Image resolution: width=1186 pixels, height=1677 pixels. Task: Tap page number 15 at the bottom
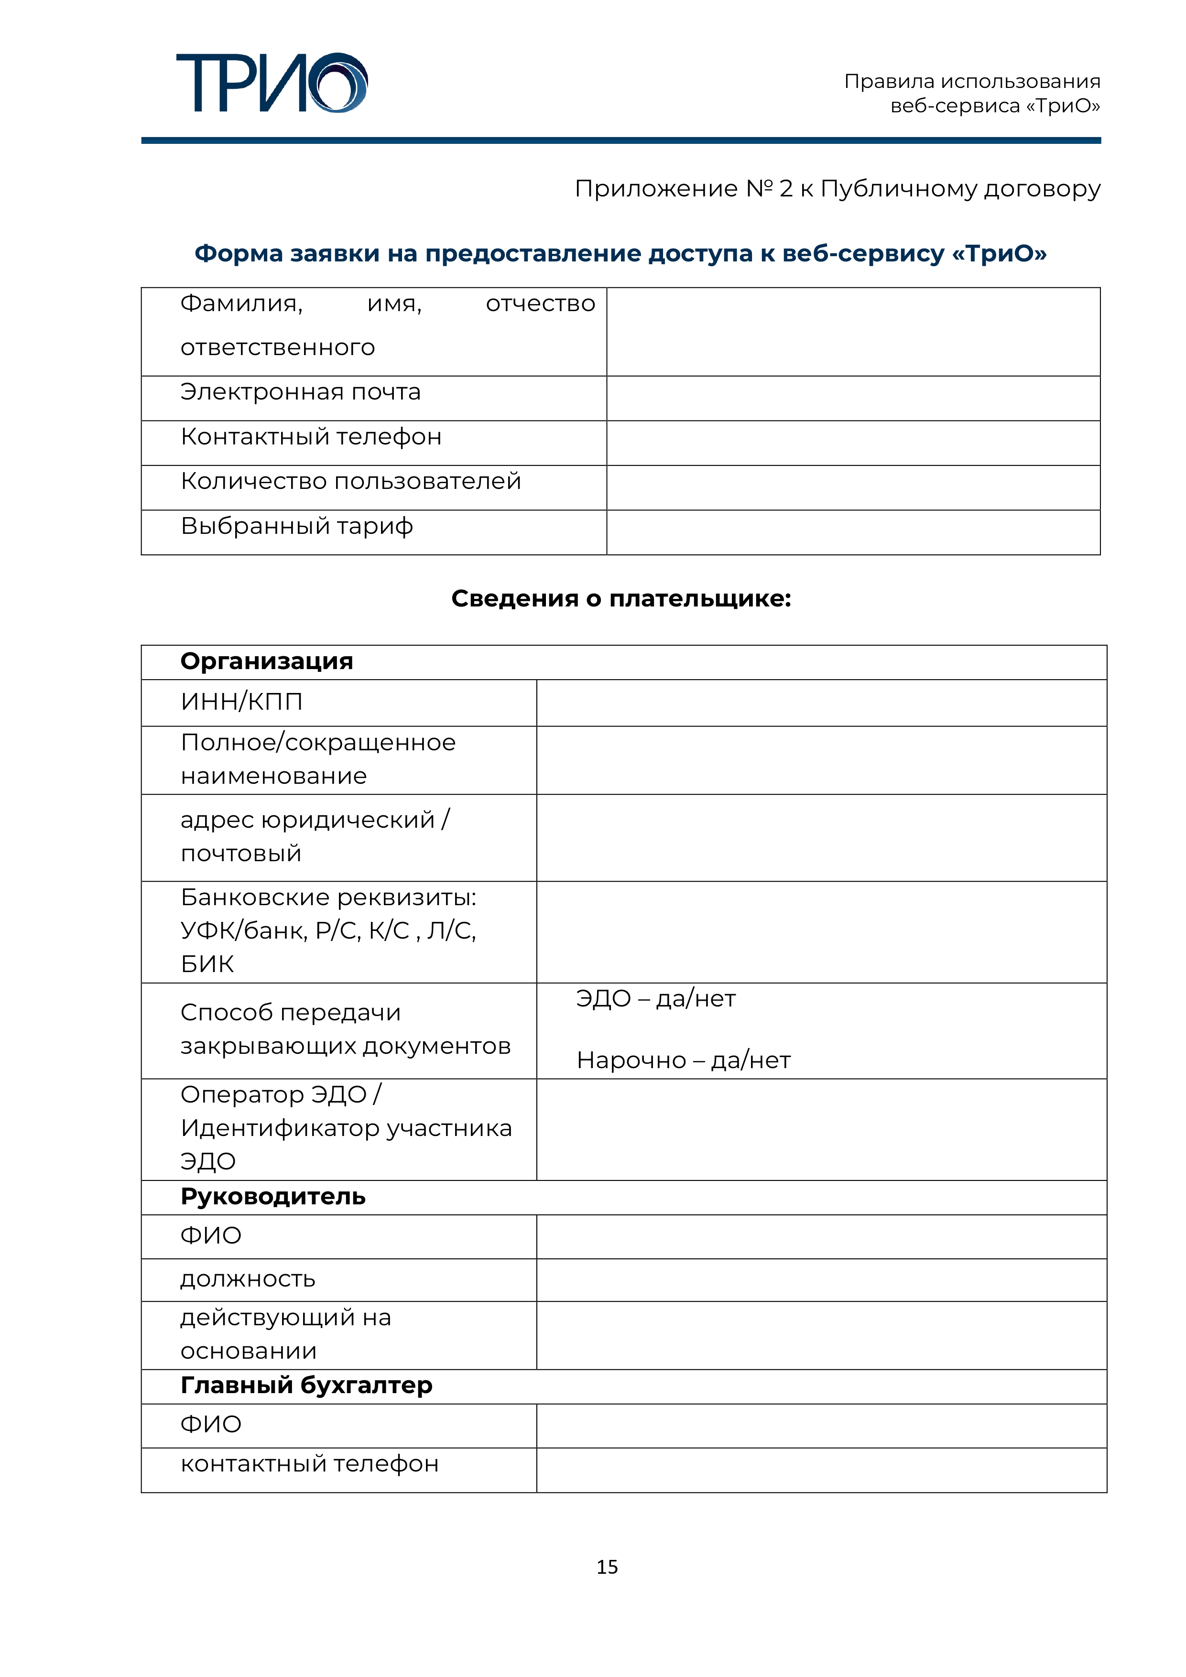coord(607,1567)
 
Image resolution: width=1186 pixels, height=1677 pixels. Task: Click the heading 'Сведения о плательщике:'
coord(621,599)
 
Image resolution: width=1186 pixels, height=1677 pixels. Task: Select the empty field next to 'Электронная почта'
coord(853,398)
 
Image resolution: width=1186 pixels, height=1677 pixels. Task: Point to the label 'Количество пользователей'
coord(351,481)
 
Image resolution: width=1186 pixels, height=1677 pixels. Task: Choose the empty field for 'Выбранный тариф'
coord(853,532)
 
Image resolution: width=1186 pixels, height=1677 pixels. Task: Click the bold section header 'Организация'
coord(267,661)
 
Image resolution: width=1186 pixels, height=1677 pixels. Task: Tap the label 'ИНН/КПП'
coord(241,702)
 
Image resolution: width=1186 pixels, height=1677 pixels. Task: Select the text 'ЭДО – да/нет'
coord(655,998)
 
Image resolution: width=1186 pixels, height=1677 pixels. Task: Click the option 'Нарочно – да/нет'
coord(683,1060)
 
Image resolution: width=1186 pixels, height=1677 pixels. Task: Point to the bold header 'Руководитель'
coord(272,1196)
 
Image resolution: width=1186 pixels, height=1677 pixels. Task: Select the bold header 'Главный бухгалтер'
coord(306,1385)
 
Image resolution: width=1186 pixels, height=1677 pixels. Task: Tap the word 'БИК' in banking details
coord(207,964)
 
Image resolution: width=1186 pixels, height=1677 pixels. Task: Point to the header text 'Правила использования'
coord(972,81)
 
